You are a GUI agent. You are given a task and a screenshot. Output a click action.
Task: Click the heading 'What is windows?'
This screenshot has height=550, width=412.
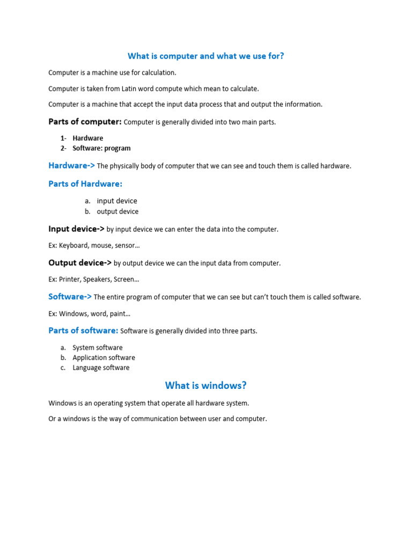[205, 386]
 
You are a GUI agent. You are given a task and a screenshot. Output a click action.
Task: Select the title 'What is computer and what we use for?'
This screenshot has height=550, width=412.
[205, 56]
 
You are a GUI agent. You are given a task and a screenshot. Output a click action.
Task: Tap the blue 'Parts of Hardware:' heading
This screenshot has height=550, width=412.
[85, 184]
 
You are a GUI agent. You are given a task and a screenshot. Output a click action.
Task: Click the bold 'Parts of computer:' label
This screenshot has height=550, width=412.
[85, 121]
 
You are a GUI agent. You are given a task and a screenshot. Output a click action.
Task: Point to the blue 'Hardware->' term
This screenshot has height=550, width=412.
[71, 165]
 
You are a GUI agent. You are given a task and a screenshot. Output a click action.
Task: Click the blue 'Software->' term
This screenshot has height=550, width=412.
[70, 296]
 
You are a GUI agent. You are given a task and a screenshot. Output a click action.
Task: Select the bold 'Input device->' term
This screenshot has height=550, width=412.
[76, 229]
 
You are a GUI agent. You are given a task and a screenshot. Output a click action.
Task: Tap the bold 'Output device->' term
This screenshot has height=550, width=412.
[80, 263]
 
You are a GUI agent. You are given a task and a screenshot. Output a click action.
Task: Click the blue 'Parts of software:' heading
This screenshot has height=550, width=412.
[83, 330]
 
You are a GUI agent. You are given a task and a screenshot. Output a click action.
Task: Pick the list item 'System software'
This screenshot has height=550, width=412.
[98, 348]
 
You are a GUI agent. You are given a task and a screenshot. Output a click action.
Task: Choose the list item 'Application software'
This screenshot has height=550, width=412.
[104, 358]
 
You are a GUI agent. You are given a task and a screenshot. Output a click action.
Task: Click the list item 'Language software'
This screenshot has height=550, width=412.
[101, 368]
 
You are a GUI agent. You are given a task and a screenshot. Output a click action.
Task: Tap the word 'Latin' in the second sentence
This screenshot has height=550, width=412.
[138, 89]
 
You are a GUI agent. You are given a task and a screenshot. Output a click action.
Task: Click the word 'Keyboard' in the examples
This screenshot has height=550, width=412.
[74, 246]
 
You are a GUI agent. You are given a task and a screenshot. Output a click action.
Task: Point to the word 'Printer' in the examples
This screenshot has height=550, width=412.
[70, 280]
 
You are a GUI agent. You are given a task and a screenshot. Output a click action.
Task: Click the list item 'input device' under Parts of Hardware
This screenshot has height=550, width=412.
[117, 201]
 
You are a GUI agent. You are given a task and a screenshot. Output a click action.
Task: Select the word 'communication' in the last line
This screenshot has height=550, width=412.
[151, 418]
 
